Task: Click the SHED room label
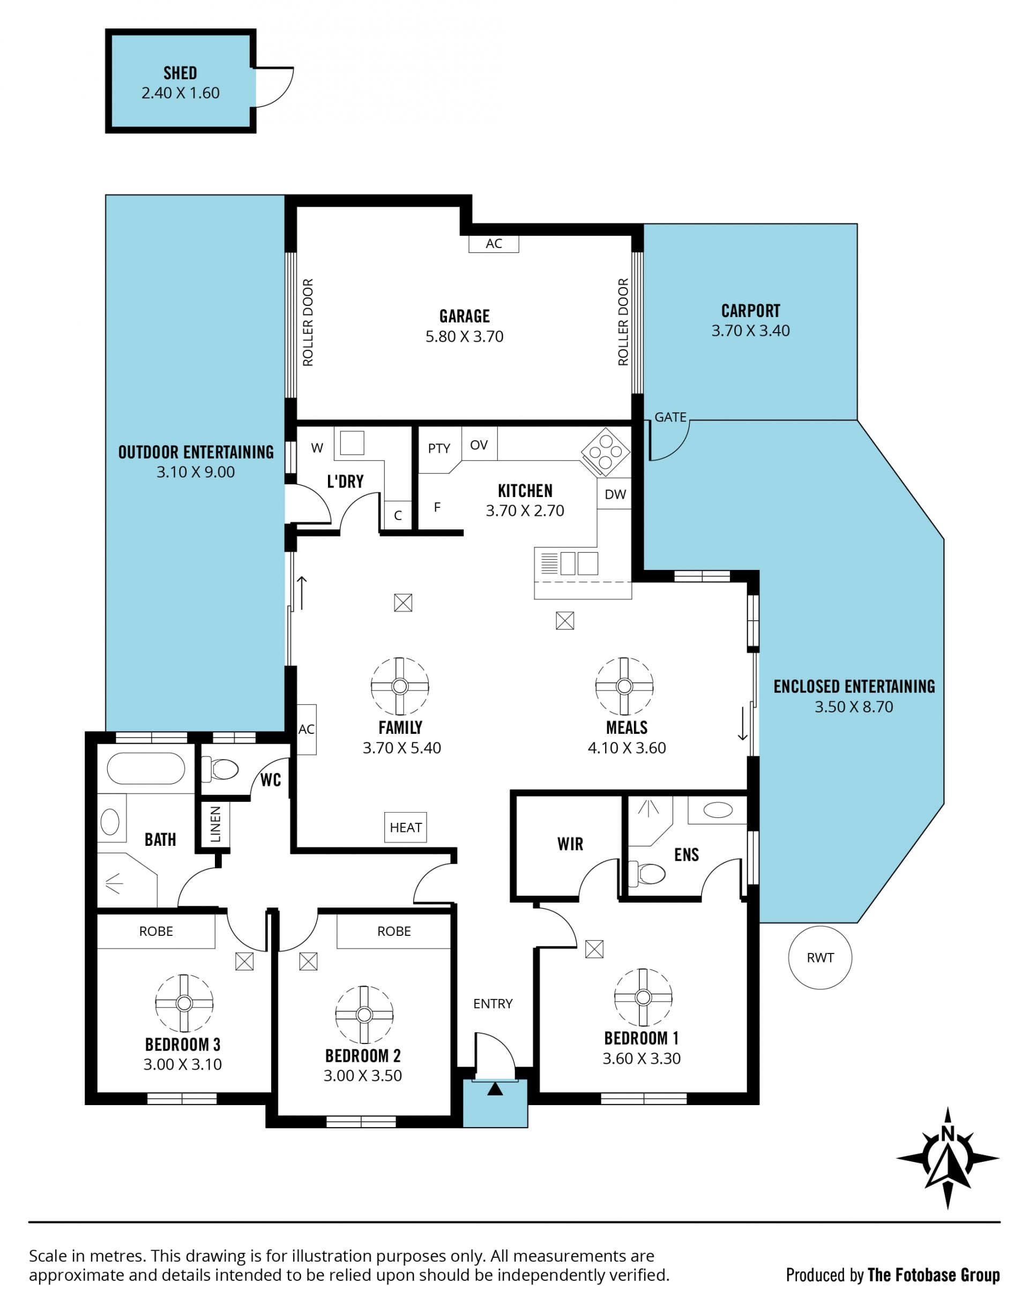pyautogui.click(x=180, y=73)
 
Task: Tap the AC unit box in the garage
pyautogui.click(x=494, y=243)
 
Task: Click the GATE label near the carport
pyautogui.click(x=670, y=417)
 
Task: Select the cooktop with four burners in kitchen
pyautogui.click(x=606, y=452)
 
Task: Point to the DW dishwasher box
pyautogui.click(x=615, y=494)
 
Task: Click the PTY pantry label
pyautogui.click(x=439, y=448)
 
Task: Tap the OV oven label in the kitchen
pyautogui.click(x=479, y=445)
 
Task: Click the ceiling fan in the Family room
pyautogui.click(x=400, y=686)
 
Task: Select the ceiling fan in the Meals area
pyautogui.click(x=624, y=686)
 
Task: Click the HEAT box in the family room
pyautogui.click(x=406, y=827)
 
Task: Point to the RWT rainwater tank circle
pyautogui.click(x=820, y=957)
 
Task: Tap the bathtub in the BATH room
pyautogui.click(x=146, y=768)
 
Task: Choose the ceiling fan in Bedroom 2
pyautogui.click(x=364, y=1015)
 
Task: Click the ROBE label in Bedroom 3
pyautogui.click(x=156, y=931)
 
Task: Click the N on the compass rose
pyautogui.click(x=948, y=1135)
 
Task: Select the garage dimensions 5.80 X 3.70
pyautogui.click(x=465, y=336)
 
